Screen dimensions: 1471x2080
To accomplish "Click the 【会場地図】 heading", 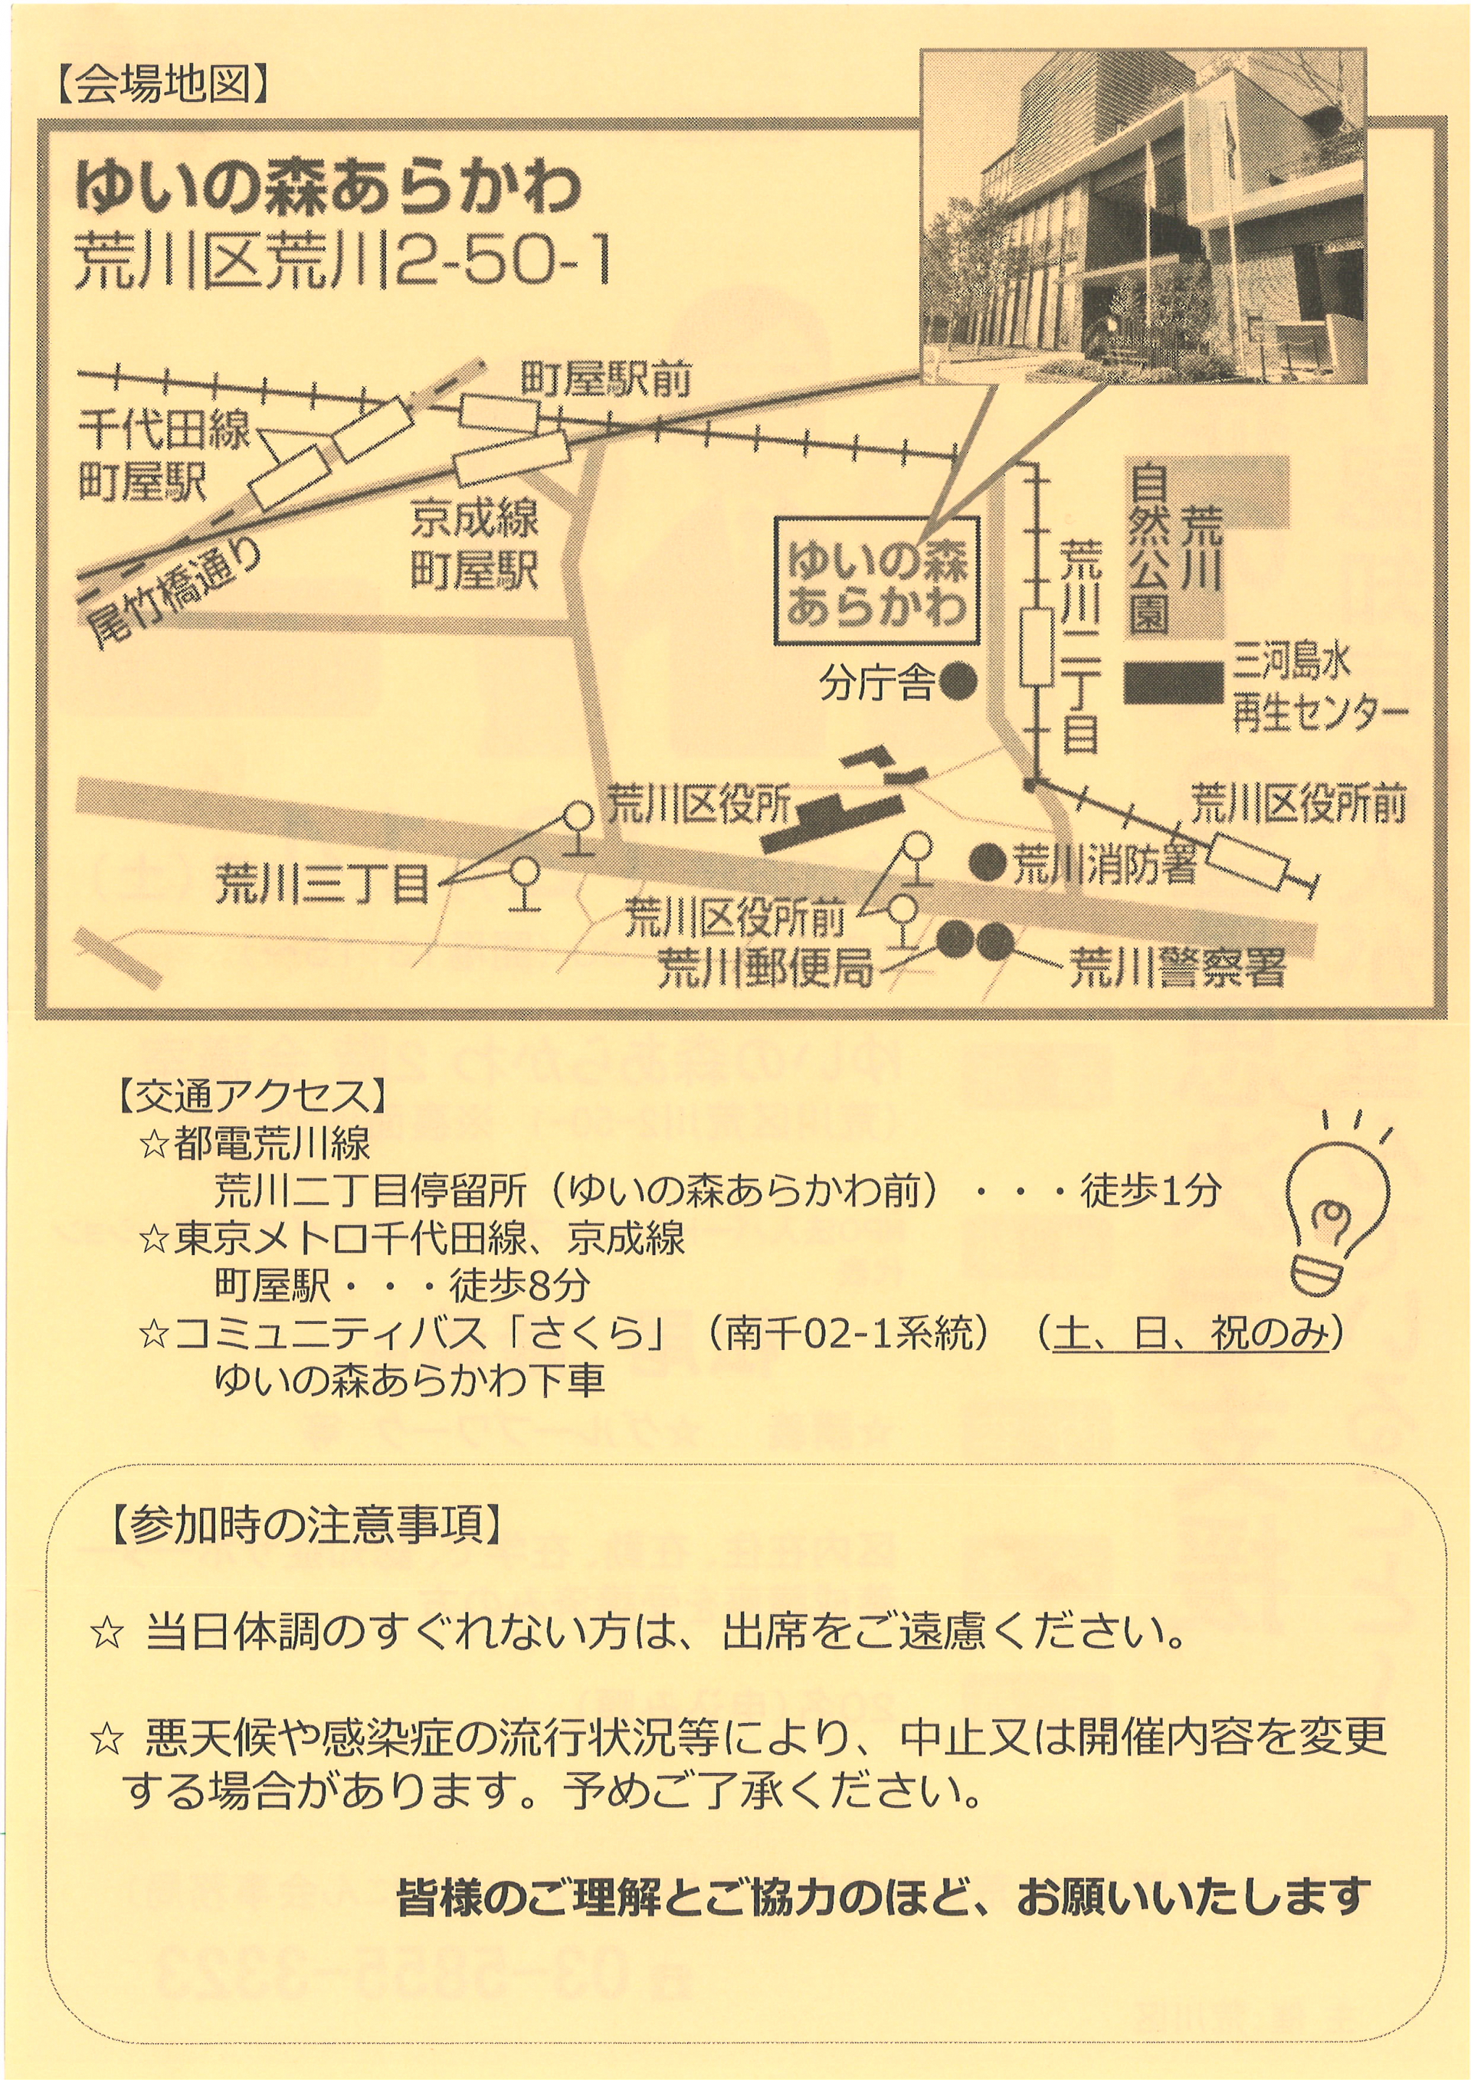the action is (x=163, y=87).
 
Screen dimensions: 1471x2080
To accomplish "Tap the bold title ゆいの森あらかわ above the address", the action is (x=328, y=187).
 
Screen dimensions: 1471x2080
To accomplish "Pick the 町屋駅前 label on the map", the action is (x=606, y=379).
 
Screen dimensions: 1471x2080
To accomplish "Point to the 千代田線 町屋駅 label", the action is (x=163, y=456).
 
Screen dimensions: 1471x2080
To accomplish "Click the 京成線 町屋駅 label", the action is (x=475, y=545).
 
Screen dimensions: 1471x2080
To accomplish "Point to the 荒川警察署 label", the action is (x=1178, y=968).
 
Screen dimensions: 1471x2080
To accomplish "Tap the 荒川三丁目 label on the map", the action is (x=323, y=884).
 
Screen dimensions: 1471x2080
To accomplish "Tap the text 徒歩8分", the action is (x=520, y=1286).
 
